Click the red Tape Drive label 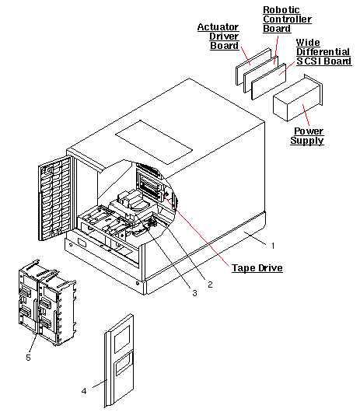(x=257, y=267)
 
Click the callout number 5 (x=29, y=358)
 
